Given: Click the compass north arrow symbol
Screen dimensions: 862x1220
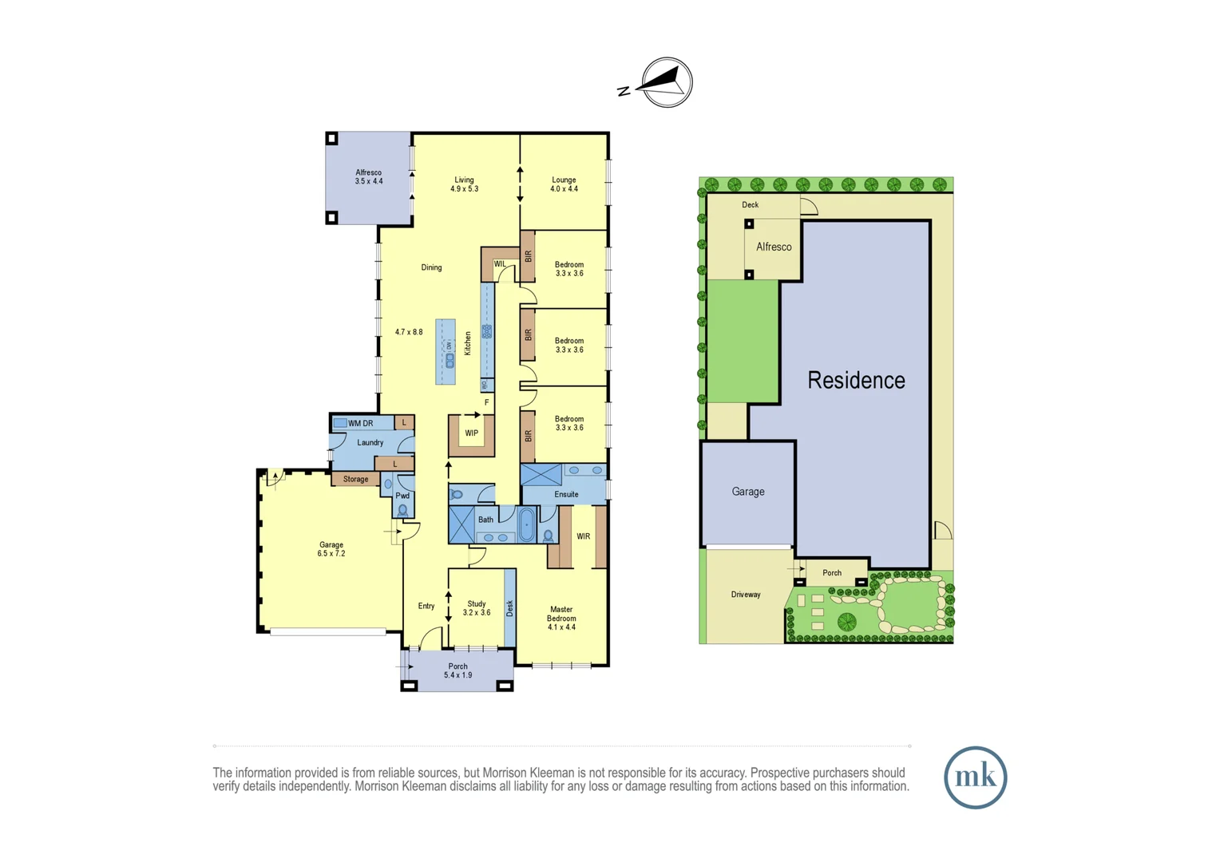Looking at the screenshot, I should [666, 82].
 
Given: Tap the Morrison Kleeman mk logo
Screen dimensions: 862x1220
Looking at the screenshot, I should [975, 777].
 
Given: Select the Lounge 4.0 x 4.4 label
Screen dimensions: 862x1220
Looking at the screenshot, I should [564, 184].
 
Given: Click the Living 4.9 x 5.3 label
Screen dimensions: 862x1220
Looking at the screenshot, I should [464, 184].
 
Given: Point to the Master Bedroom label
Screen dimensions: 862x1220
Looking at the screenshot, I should [561, 619].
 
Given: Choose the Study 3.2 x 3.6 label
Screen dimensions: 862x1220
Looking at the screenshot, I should [477, 608].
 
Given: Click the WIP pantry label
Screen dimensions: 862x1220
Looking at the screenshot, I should [472, 433].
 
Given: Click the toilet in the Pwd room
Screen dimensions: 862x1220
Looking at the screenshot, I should [403, 509].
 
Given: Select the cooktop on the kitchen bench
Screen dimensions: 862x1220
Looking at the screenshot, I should [486, 330].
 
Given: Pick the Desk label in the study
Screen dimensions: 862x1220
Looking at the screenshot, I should [509, 608].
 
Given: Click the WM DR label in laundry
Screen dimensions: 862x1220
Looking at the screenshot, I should [360, 423].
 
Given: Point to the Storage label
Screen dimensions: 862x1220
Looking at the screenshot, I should [355, 480].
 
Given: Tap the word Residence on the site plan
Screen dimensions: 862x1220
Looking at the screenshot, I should [856, 381].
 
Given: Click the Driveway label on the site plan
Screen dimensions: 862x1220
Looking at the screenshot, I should [746, 595].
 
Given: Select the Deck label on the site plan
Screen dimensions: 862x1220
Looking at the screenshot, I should [751, 205].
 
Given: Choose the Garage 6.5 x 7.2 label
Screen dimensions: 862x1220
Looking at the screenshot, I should [331, 549].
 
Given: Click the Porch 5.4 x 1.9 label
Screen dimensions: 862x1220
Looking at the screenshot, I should [458, 670].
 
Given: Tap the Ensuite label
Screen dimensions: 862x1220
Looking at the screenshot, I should [566, 495].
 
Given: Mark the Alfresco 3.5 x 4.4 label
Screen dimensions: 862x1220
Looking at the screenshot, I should [369, 176].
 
